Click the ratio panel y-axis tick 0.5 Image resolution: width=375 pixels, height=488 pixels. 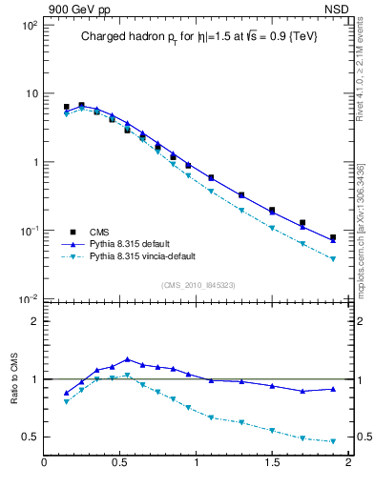tap(29, 437)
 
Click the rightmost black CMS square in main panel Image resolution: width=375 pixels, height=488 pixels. tap(333, 237)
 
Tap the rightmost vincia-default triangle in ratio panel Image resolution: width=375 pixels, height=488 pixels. tap(333, 441)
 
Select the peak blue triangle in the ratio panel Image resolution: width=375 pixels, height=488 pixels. tap(127, 359)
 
